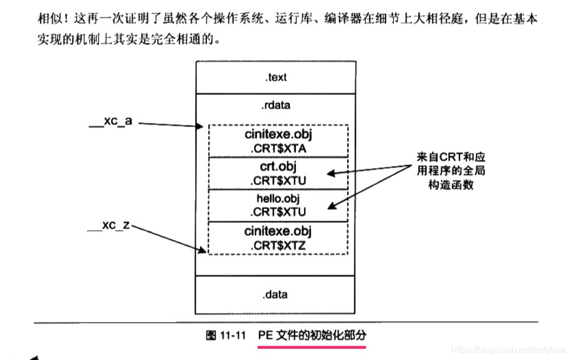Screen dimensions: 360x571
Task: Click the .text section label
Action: point(276,78)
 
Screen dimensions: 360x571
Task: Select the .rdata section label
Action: point(276,105)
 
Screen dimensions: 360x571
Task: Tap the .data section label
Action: point(275,294)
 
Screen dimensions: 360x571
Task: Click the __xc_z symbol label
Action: point(109,225)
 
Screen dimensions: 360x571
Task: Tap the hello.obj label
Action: point(278,198)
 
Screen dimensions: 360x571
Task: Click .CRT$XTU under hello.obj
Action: point(278,211)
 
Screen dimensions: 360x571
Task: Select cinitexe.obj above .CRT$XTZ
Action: point(278,231)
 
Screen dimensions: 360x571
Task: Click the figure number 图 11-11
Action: point(225,335)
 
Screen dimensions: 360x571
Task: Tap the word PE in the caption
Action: point(265,335)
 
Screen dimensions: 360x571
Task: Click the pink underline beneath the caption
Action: point(312,345)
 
